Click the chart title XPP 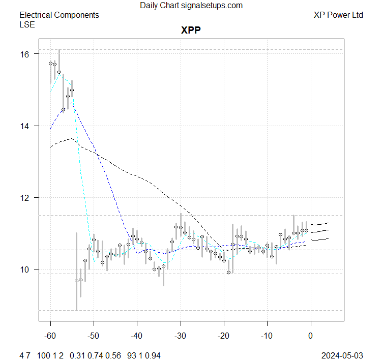point(191,30)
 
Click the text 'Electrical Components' point(59,15)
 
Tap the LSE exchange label point(27,24)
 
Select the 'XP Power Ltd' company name point(338,15)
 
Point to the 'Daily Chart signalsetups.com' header point(191,6)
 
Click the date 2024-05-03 point(343,355)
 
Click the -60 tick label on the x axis point(50,336)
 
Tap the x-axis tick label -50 point(94,336)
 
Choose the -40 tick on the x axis point(137,336)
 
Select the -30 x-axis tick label point(180,336)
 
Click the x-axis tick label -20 point(224,336)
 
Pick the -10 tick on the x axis point(267,336)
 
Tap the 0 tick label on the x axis point(310,336)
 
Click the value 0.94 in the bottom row point(153,355)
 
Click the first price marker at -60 point(50,63)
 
